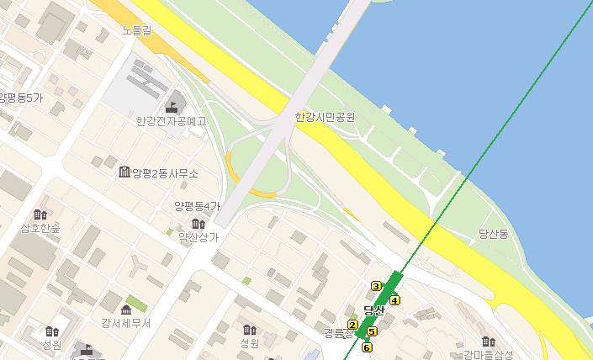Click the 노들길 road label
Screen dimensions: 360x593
tap(136, 31)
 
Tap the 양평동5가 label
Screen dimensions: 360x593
tap(21, 98)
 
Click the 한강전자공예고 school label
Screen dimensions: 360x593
tap(171, 121)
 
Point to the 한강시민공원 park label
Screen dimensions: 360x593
tap(325, 117)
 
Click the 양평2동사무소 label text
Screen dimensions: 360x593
tap(165, 173)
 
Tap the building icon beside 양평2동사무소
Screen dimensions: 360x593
tap(124, 172)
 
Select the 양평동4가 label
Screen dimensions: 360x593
tap(197, 206)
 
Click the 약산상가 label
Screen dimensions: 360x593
tap(198, 237)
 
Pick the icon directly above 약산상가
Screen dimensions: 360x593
tap(198, 224)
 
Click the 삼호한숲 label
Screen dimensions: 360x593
tap(40, 228)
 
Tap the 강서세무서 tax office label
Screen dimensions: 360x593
tap(125, 323)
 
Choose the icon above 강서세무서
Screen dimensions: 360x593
tap(127, 309)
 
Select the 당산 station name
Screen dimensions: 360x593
tap(373, 310)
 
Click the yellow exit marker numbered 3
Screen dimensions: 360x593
tap(376, 286)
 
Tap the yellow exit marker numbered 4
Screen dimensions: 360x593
tap(394, 300)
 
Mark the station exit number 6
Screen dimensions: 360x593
tap(367, 347)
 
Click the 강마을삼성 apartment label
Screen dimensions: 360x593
tap(488, 354)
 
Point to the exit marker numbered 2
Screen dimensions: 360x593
tap(352, 325)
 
